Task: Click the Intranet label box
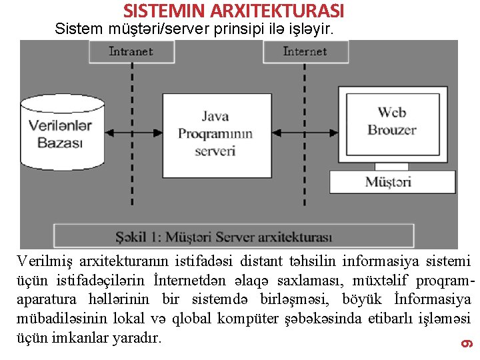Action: coord(131,51)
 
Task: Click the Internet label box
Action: coord(305,51)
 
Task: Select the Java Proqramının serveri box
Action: coord(215,134)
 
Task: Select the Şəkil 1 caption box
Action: coord(233,237)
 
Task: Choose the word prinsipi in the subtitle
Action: coord(238,29)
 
